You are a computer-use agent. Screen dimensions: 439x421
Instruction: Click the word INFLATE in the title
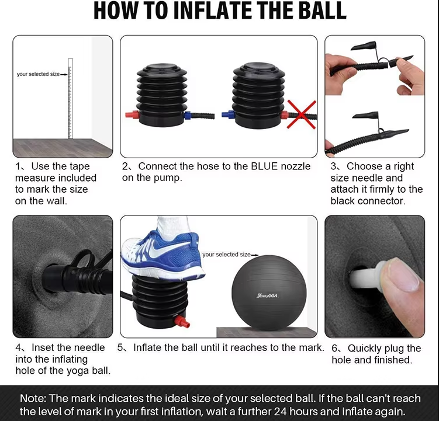(212, 11)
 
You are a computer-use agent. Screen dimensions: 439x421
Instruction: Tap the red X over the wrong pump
(302, 114)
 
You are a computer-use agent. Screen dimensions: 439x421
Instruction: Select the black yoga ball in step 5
(269, 293)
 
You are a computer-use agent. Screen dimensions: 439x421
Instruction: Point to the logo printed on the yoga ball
(267, 295)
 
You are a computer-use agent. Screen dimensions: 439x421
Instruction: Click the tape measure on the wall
(70, 99)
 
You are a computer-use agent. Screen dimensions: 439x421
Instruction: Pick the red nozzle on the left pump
(132, 114)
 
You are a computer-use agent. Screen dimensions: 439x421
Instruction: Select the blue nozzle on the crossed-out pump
(228, 114)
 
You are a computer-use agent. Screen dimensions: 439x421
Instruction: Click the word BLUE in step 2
(265, 166)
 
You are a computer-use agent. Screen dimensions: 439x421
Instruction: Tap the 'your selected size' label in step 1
(38, 74)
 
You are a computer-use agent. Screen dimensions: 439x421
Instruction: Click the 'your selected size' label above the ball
(226, 255)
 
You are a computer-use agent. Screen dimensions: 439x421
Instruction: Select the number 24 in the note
(280, 412)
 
